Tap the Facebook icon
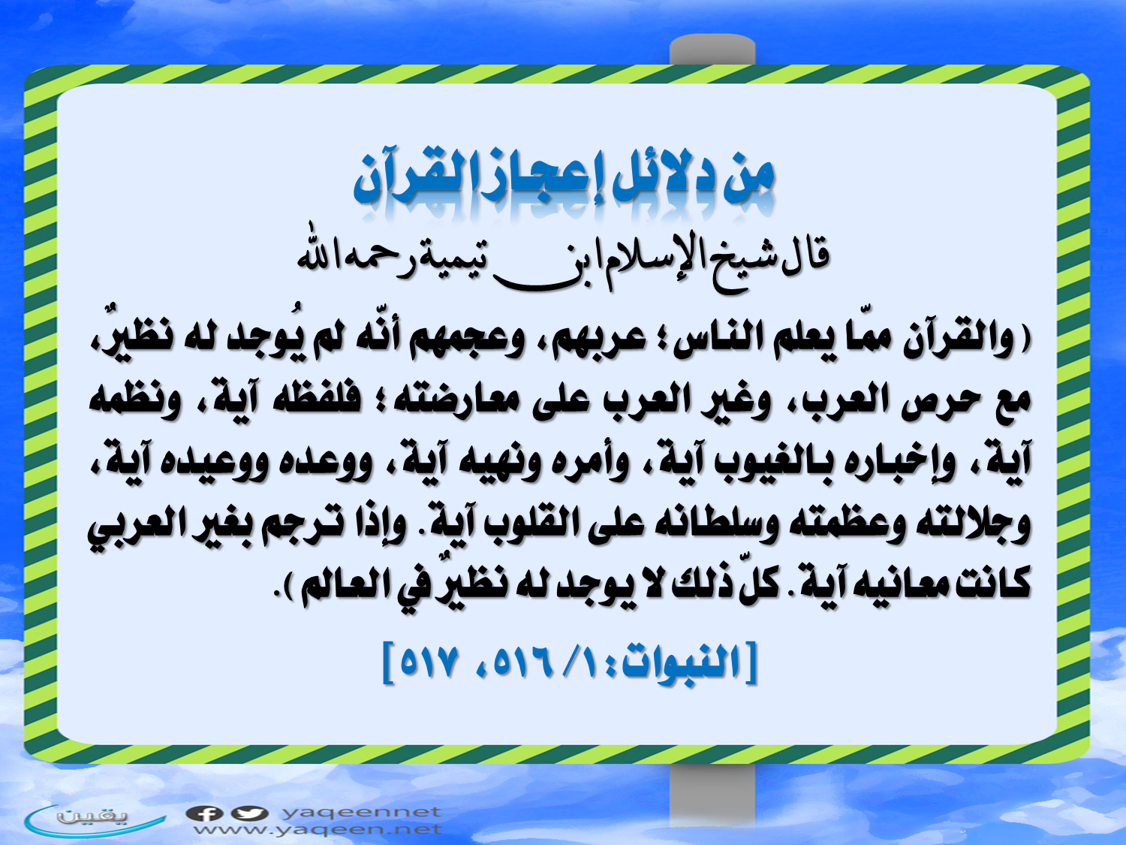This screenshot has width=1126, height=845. click(204, 813)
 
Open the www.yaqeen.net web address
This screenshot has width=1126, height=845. click(318, 829)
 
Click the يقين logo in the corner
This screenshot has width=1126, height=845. click(95, 820)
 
